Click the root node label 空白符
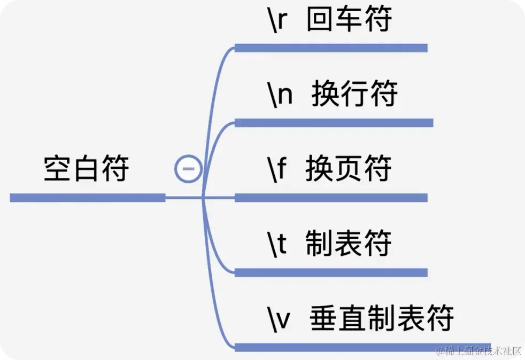(87, 168)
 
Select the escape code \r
(279, 20)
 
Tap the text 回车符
(349, 19)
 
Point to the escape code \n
(281, 95)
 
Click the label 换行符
(354, 95)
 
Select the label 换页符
(349, 169)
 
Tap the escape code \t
(278, 244)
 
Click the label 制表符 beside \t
(349, 244)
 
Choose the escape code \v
(280, 318)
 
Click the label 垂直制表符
(382, 318)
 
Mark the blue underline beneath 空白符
(88, 198)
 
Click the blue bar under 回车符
(331, 48)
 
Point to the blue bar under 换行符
(334, 123)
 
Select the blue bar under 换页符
(331, 198)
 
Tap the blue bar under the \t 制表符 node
(331, 272)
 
